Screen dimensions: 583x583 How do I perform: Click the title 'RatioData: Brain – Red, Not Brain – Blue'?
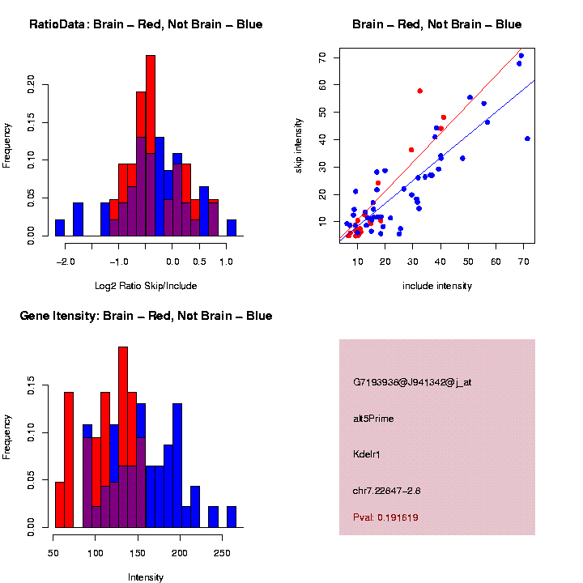(x=146, y=24)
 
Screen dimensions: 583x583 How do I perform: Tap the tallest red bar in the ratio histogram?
(x=151, y=105)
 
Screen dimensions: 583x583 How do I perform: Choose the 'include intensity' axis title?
(x=437, y=286)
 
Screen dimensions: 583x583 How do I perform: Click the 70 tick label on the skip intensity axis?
(x=322, y=58)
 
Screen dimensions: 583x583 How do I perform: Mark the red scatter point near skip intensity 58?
(x=419, y=91)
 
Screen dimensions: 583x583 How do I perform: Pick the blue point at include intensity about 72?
(x=527, y=138)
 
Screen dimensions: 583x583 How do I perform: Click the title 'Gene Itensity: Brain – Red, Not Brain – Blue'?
(x=146, y=316)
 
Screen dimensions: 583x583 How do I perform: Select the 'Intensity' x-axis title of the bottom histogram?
(x=146, y=577)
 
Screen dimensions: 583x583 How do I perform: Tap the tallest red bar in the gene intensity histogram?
(x=123, y=405)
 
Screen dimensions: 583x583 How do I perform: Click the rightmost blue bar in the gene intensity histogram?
(x=232, y=517)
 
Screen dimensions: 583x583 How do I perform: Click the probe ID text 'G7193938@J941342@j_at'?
(x=411, y=382)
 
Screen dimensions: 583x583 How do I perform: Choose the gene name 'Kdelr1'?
(x=367, y=454)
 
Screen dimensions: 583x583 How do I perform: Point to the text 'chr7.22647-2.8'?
(x=386, y=491)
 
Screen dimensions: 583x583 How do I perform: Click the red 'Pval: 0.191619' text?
(x=385, y=517)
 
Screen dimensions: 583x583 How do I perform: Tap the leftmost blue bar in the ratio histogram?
(x=60, y=228)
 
